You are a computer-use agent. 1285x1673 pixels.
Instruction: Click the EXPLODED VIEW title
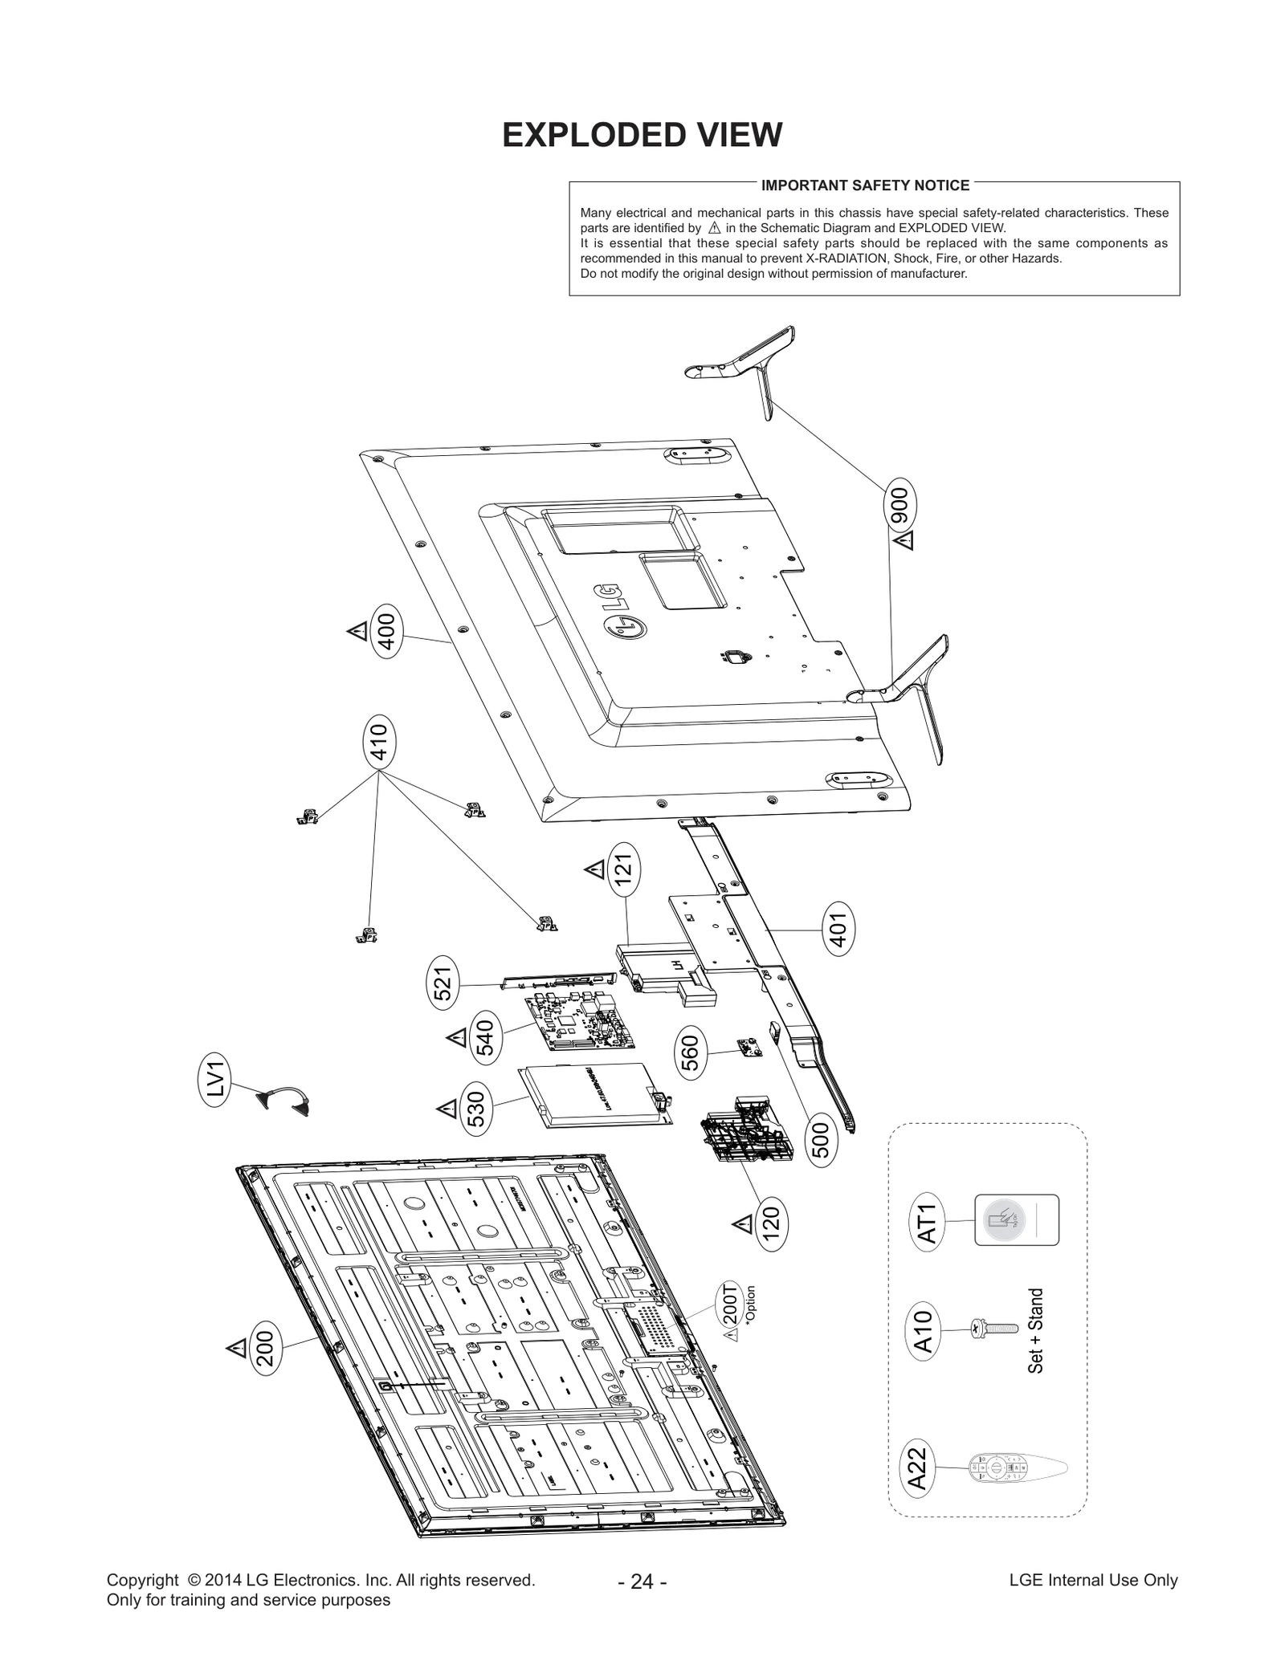point(642,135)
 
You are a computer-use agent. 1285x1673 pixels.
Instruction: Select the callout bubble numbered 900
point(899,507)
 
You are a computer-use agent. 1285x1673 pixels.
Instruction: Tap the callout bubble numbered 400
point(386,631)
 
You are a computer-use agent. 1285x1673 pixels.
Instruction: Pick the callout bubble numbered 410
point(378,742)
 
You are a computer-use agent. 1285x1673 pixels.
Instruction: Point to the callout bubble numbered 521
point(443,983)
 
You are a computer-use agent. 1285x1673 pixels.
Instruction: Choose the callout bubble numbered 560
point(690,1053)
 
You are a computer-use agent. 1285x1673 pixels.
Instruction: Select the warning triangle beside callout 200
point(236,1348)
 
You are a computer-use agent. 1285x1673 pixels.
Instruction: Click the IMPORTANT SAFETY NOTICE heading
point(865,185)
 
